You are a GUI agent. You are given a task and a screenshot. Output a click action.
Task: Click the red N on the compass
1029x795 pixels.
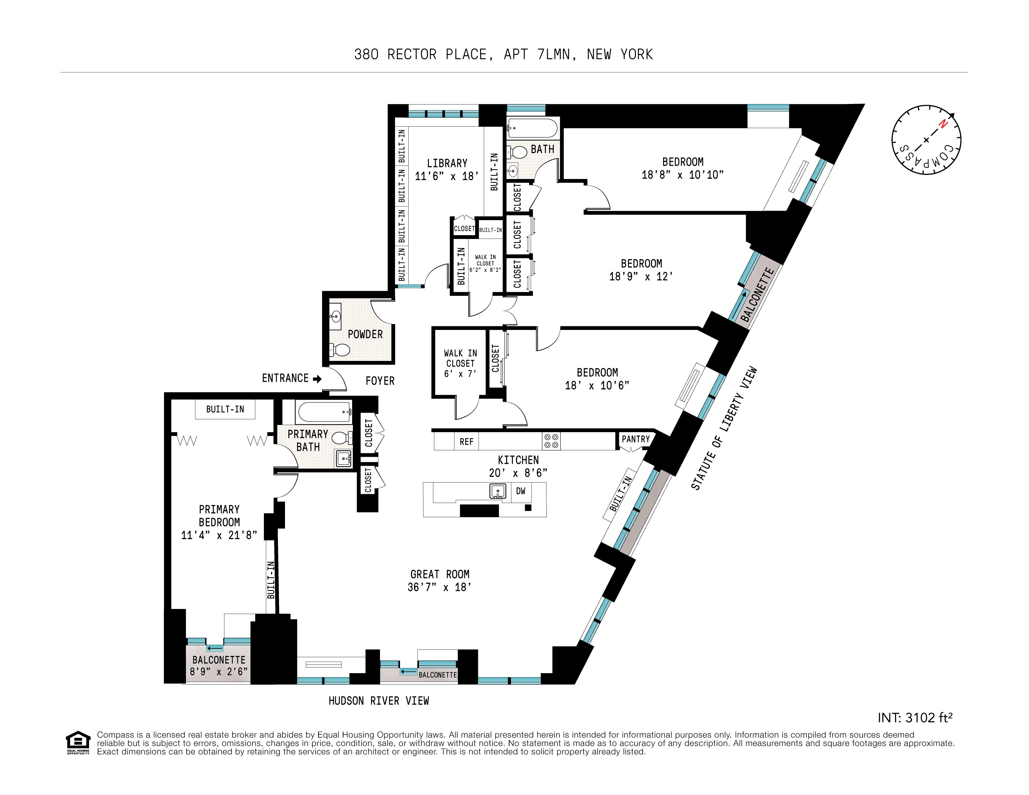(943, 124)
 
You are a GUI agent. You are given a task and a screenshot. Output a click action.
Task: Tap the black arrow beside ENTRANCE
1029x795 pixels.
(317, 379)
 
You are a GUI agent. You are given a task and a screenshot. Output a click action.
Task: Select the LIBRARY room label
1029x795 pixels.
(447, 163)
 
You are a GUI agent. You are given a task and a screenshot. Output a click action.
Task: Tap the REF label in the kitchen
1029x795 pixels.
(466, 442)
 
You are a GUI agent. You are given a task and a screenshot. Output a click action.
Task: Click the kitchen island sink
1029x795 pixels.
(497, 491)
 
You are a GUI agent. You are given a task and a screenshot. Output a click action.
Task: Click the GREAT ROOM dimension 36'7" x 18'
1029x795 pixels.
(439, 587)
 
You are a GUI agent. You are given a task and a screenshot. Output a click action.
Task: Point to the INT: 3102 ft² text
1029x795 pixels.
(915, 718)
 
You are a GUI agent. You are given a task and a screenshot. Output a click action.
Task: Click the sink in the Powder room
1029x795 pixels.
(335, 316)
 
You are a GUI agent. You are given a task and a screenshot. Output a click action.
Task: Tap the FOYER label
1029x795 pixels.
(380, 381)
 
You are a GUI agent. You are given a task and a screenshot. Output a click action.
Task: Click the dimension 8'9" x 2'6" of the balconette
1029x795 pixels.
(219, 672)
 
